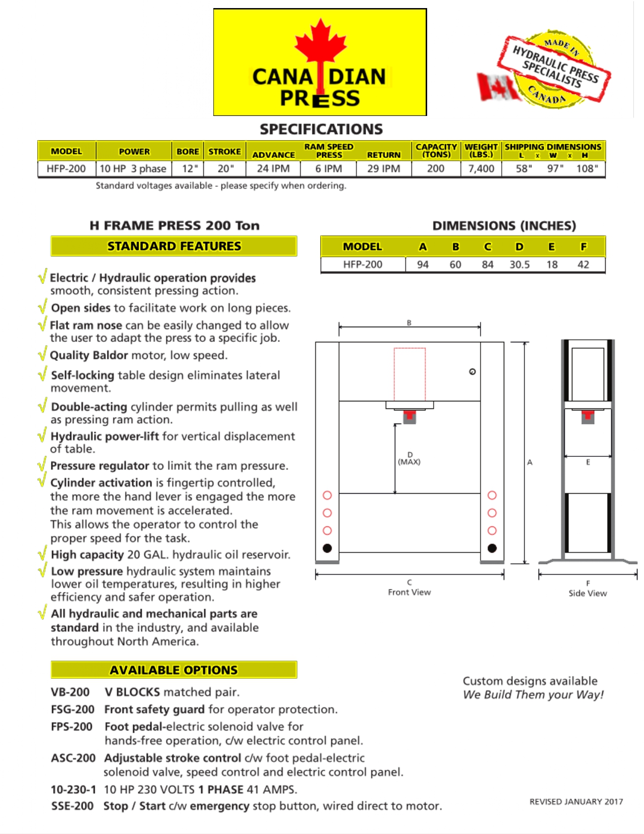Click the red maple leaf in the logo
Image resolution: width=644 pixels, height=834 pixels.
(320, 43)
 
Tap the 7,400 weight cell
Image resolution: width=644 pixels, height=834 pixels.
(481, 168)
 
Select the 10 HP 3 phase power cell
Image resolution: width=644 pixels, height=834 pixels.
(133, 168)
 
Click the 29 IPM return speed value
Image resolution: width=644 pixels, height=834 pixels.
(383, 168)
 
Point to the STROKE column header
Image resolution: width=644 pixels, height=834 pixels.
(224, 151)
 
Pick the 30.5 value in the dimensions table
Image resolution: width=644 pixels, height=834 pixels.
(519, 264)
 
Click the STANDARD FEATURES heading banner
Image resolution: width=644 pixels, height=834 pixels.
(174, 246)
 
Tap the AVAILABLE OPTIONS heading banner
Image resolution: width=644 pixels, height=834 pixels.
(174, 670)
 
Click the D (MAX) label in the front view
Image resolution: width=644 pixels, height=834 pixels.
(409, 458)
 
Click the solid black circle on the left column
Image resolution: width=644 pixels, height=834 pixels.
(327, 548)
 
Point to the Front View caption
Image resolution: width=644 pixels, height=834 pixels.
(409, 592)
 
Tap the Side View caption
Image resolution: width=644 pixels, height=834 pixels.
(588, 593)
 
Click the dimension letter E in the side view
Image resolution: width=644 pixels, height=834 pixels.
(588, 462)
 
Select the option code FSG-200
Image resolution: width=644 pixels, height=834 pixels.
(73, 709)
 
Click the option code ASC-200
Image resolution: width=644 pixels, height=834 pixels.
(73, 758)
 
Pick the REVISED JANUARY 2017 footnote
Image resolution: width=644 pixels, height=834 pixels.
(576, 802)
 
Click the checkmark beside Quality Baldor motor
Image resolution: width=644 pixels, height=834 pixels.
(42, 353)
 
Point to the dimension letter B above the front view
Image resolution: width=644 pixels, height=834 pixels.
(409, 323)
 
